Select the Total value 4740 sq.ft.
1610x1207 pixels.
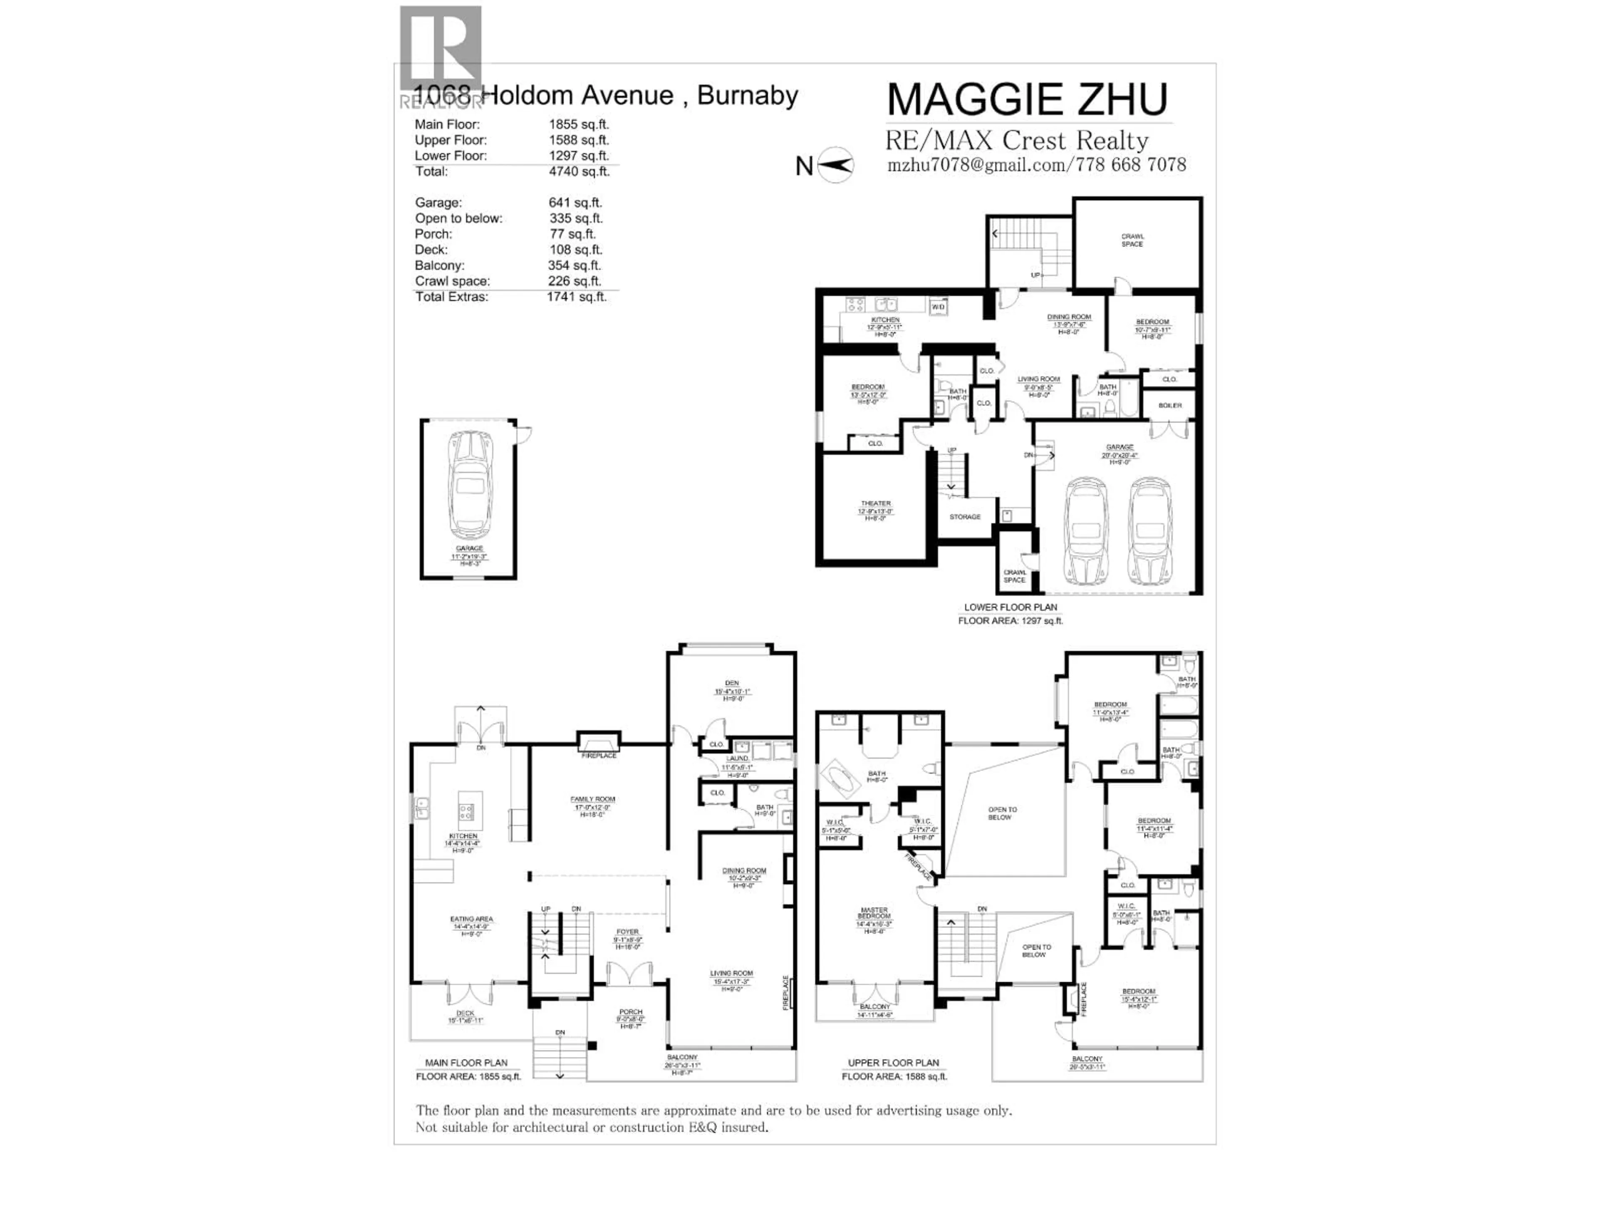[x=579, y=172]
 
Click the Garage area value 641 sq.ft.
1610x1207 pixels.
[x=575, y=203]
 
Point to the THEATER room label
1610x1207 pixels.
[x=875, y=503]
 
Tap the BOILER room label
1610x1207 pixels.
[x=1170, y=405]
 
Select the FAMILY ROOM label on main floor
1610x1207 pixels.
[x=592, y=800]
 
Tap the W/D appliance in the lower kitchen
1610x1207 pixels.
[x=938, y=307]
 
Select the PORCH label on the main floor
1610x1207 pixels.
[x=631, y=1012]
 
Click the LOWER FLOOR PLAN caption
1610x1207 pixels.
[x=1010, y=608]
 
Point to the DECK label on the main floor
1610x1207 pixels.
[x=465, y=1013]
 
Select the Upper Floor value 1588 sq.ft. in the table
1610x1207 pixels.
[x=579, y=140]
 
